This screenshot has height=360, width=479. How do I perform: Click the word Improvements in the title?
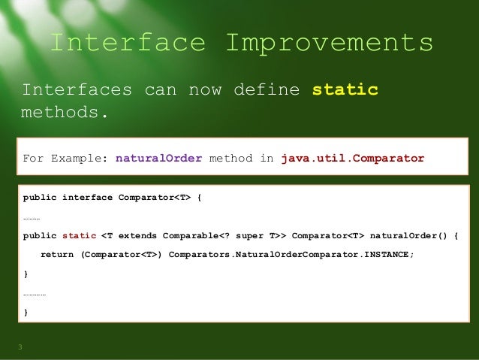pyautogui.click(x=329, y=43)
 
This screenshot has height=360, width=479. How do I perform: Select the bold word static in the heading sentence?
pyautogui.click(x=345, y=91)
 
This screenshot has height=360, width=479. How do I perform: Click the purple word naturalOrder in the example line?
pyautogui.click(x=158, y=159)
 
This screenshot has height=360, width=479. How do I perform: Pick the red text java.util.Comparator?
pyautogui.click(x=352, y=159)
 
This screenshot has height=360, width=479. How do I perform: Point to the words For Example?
pyautogui.click(x=65, y=159)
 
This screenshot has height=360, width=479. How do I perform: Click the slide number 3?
pyautogui.click(x=21, y=346)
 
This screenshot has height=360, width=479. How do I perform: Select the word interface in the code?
pyautogui.click(x=87, y=198)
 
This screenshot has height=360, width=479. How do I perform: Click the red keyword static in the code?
pyautogui.click(x=80, y=235)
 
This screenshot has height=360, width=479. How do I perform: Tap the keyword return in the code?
pyautogui.click(x=57, y=254)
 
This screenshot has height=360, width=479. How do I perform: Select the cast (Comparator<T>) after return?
pyautogui.click(x=121, y=254)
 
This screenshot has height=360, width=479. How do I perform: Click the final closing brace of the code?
pyautogui.click(x=26, y=311)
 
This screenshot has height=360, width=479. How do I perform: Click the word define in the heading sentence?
pyautogui.click(x=261, y=91)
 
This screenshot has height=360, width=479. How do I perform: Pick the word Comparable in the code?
pyautogui.click(x=188, y=235)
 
